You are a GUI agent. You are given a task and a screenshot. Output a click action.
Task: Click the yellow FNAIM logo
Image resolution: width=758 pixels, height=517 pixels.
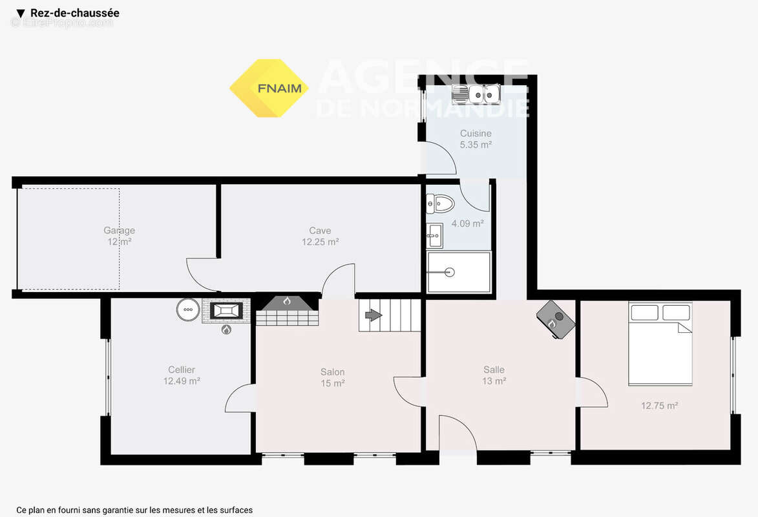click(x=269, y=88)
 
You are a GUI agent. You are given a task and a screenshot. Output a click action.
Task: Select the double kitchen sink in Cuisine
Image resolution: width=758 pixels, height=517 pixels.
click(x=477, y=95)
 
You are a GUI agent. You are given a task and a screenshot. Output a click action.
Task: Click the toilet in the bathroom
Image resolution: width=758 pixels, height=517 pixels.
click(x=441, y=204)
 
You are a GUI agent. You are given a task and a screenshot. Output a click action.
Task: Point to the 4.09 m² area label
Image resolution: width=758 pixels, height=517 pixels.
click(x=467, y=224)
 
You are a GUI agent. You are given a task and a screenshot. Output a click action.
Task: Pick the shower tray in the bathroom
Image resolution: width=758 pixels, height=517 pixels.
click(x=458, y=272)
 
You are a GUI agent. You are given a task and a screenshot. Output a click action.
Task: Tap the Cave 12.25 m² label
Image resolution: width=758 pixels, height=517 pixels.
click(x=320, y=236)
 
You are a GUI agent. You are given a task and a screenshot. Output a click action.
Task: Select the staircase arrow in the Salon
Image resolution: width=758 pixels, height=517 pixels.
click(x=374, y=315)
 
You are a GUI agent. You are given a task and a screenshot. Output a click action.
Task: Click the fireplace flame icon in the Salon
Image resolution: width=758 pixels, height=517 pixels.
click(x=287, y=301)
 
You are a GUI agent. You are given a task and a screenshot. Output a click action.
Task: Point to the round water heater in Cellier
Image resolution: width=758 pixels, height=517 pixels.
click(x=188, y=310)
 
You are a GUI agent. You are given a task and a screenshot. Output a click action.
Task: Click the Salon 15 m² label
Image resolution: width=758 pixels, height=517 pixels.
click(x=333, y=377)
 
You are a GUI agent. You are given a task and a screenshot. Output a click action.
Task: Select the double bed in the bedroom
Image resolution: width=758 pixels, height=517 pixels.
click(x=660, y=344)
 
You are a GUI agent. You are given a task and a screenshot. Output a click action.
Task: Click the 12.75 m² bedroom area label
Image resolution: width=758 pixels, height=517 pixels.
click(x=659, y=406)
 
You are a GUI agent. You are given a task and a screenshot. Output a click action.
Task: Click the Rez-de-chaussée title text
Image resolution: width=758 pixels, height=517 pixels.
click(x=74, y=13)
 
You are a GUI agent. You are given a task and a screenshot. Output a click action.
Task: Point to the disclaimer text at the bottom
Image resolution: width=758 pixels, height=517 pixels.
click(x=134, y=510)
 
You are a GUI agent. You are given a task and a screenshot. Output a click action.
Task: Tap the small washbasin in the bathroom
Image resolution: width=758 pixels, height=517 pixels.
click(x=434, y=236)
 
